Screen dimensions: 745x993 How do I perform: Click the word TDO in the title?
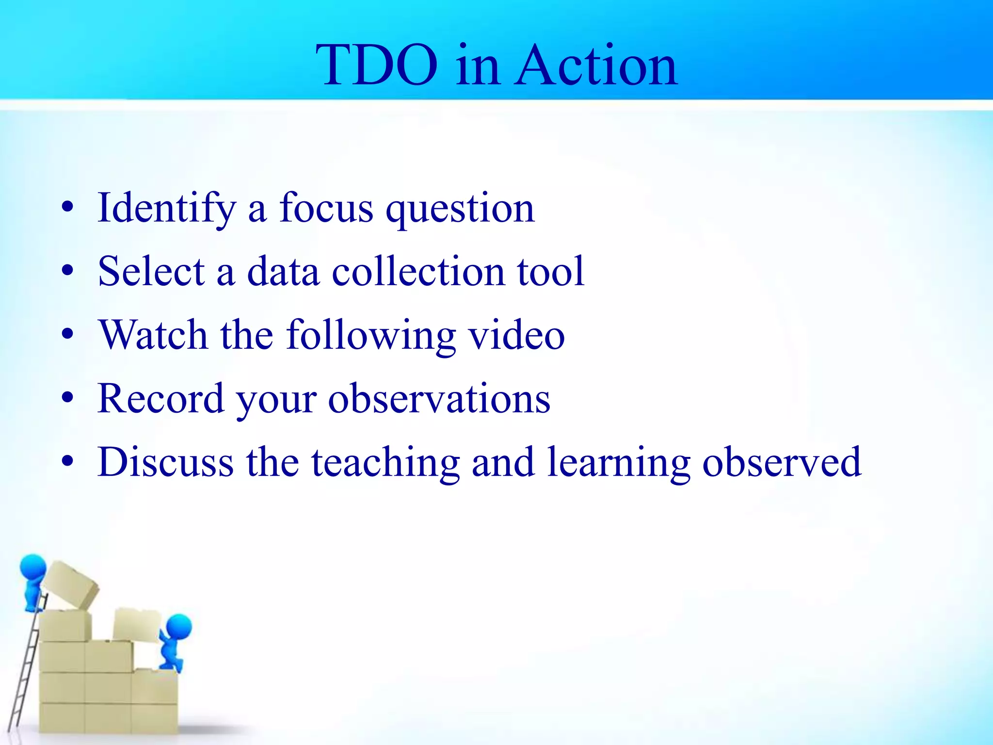pyautogui.click(x=376, y=65)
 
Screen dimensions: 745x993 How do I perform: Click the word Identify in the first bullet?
pyautogui.click(x=166, y=209)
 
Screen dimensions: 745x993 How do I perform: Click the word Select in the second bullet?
pyautogui.click(x=151, y=272)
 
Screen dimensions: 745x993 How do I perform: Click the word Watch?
pyautogui.click(x=153, y=335)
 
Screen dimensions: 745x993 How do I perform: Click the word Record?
pyautogui.click(x=160, y=399)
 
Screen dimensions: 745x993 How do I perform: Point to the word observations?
pyautogui.click(x=439, y=399)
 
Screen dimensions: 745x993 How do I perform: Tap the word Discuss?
pyautogui.click(x=165, y=462)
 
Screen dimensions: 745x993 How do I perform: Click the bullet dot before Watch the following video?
pyautogui.click(x=67, y=334)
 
